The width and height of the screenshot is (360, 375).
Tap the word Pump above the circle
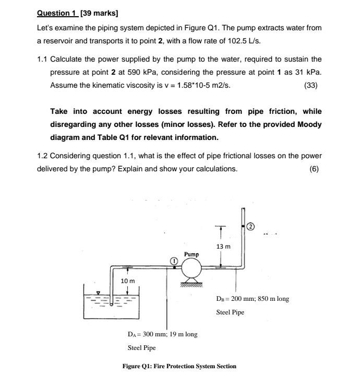pyautogui.click(x=191, y=254)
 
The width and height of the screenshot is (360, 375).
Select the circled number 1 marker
pyautogui.click(x=174, y=260)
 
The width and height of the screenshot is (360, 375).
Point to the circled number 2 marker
pyautogui.click(x=250, y=226)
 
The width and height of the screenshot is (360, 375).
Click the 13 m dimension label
pyautogui.click(x=223, y=246)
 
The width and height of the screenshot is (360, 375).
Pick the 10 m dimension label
pyautogui.click(x=128, y=281)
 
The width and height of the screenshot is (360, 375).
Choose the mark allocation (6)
pyautogui.click(x=314, y=169)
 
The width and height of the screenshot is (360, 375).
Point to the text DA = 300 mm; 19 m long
pyautogui.click(x=162, y=334)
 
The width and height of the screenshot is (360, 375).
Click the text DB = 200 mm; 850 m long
pyautogui.click(x=253, y=299)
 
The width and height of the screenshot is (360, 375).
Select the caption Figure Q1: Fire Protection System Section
pyautogui.click(x=179, y=366)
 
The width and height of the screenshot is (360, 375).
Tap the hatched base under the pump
pyautogui.click(x=191, y=285)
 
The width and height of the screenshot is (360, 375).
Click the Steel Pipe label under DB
pyautogui.click(x=230, y=312)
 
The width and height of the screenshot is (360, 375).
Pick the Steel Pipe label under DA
pyautogui.click(x=141, y=347)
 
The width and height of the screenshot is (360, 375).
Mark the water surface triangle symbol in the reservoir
pyautogui.click(x=98, y=292)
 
